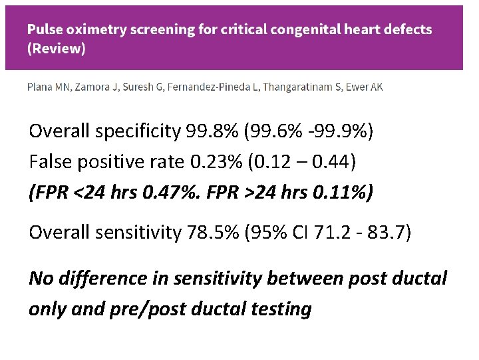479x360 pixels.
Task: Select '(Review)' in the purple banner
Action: point(56,50)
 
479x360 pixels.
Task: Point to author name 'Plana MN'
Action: point(47,87)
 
